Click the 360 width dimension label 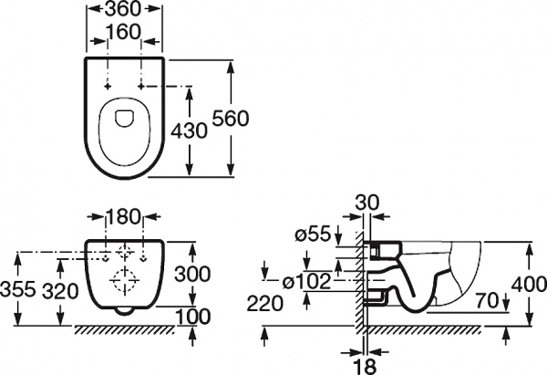coord(122,9)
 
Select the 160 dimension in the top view coord(123,32)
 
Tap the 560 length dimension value coord(231,118)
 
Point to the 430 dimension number coord(189,131)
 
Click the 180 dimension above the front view coord(123,216)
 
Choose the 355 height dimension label coord(18,289)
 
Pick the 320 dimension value coord(60,291)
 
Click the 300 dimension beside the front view coord(192,274)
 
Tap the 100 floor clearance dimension coord(192,317)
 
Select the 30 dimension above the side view coord(366,203)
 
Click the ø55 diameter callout coord(313,234)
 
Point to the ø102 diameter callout coord(306,281)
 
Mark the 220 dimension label coord(264,304)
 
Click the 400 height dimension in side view coord(529,285)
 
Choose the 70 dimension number coord(487,301)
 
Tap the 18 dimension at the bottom coord(366,366)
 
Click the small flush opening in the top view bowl coord(124,119)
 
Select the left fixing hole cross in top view coord(108,86)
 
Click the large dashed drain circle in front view coord(124,280)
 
